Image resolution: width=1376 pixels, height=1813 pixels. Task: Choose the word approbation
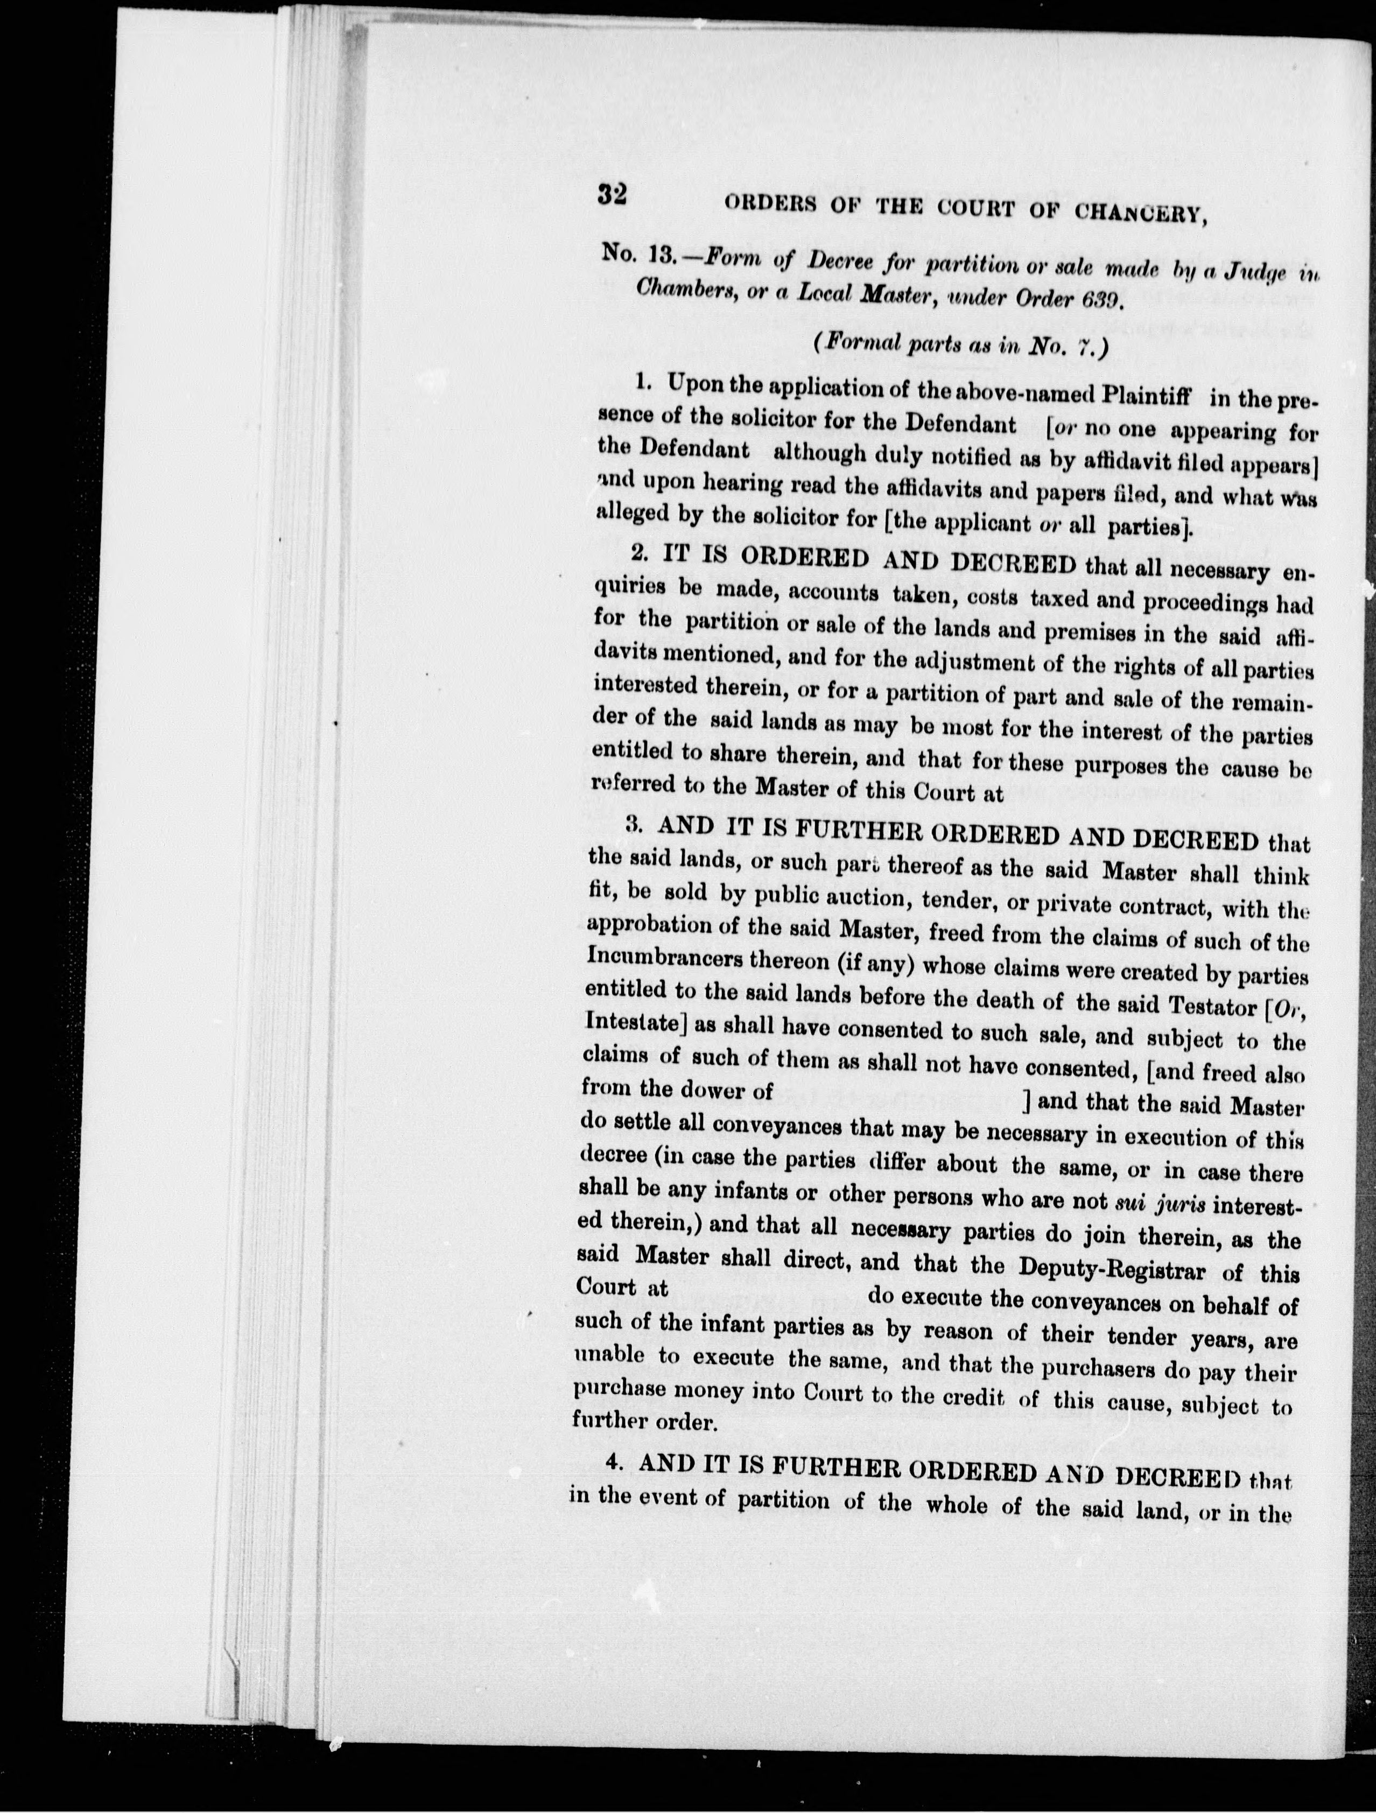pos(649,926)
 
